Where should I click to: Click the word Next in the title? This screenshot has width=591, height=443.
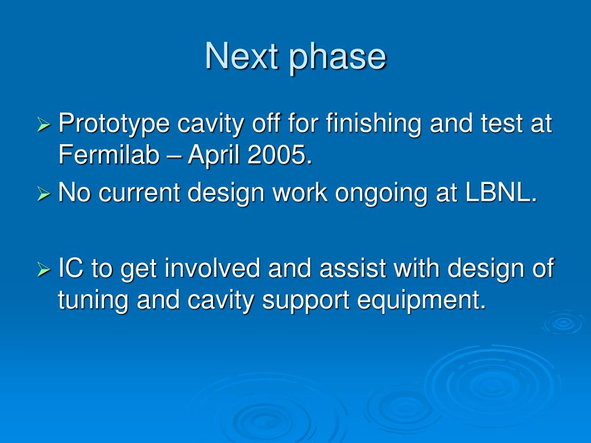pyautogui.click(x=242, y=56)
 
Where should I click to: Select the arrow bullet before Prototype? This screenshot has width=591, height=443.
pyautogui.click(x=44, y=125)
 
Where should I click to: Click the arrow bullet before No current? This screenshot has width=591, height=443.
pyautogui.click(x=44, y=194)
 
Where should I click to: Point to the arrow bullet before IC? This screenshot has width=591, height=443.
pyautogui.click(x=44, y=269)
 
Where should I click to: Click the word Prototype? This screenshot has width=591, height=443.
pyautogui.click(x=114, y=125)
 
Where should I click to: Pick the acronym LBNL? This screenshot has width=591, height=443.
pyautogui.click(x=501, y=192)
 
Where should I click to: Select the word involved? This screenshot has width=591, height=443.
pyautogui.click(x=212, y=268)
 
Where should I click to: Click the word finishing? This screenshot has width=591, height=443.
pyautogui.click(x=373, y=125)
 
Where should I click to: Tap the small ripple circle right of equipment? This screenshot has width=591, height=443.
pyautogui.click(x=563, y=322)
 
